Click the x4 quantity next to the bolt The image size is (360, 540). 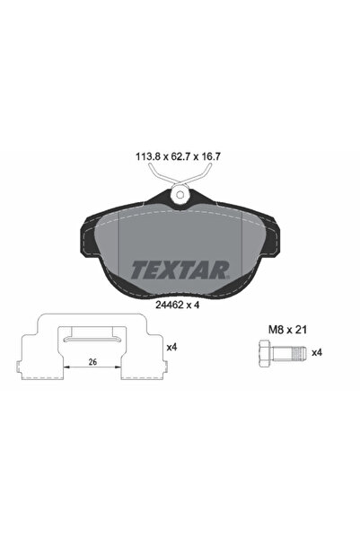coord(317,353)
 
